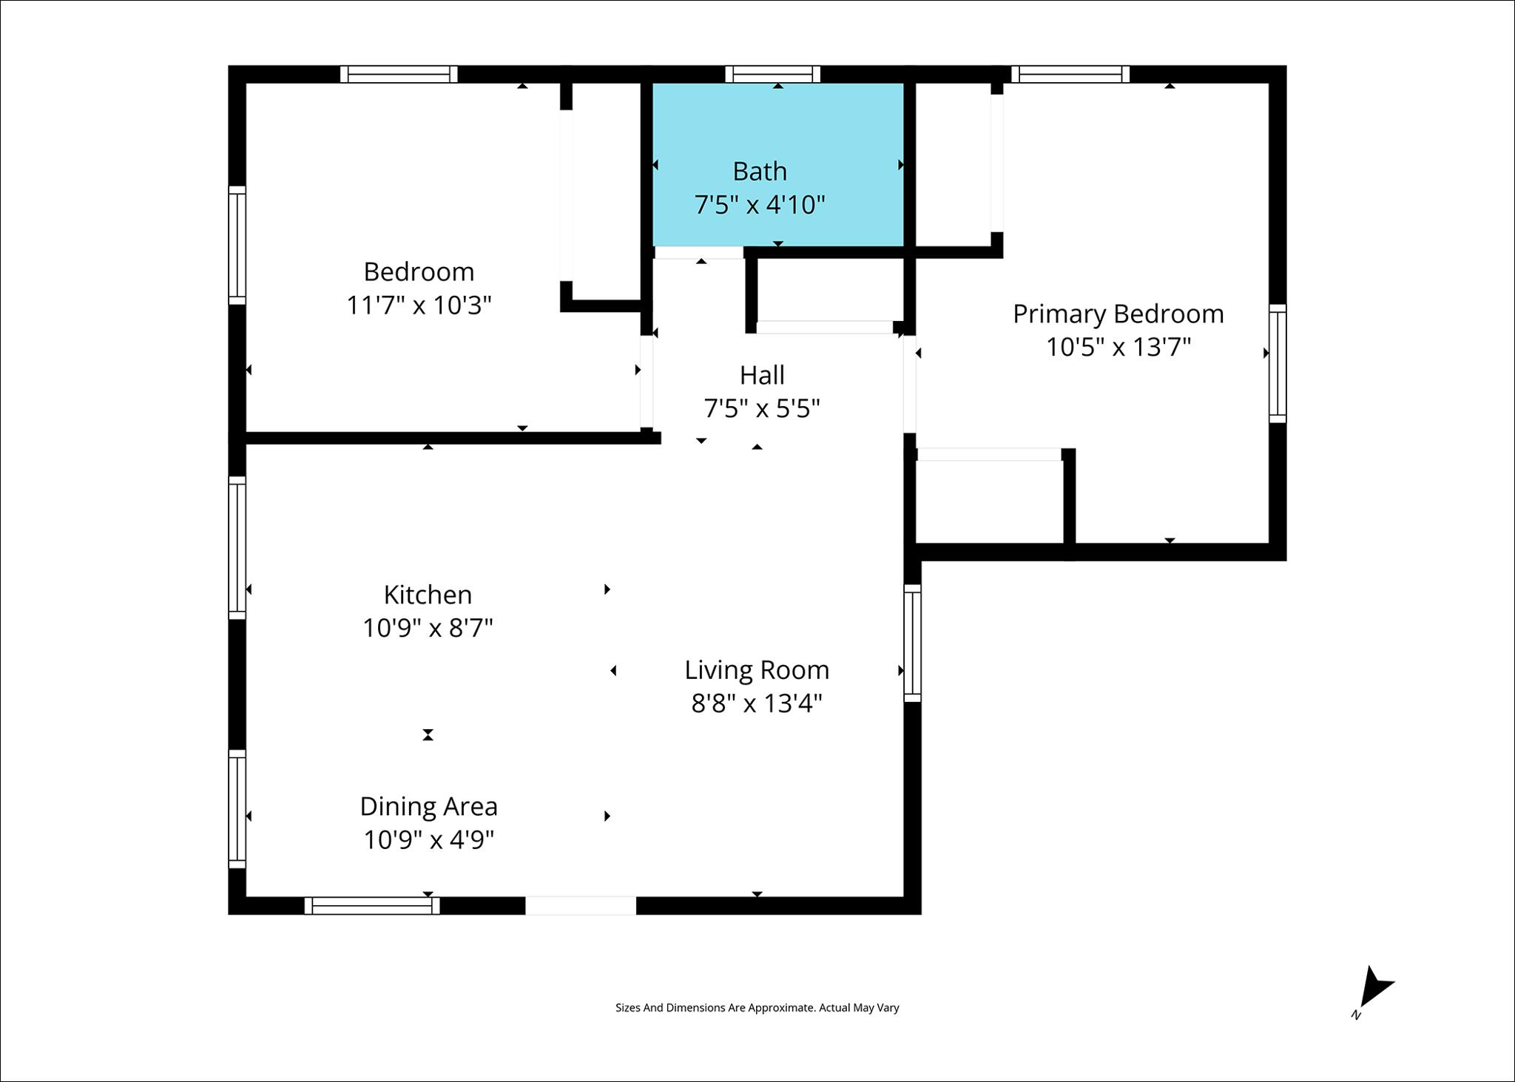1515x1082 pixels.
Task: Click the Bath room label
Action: pos(760,172)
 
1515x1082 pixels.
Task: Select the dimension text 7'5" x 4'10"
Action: pos(760,204)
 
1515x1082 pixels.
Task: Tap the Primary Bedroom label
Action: pos(1118,314)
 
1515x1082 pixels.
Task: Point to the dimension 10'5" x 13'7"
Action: pos(1118,347)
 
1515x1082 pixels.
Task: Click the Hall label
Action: pos(762,376)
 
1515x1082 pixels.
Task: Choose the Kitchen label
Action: pos(428,595)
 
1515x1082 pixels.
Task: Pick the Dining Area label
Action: pos(428,807)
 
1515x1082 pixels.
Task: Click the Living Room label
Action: pos(757,670)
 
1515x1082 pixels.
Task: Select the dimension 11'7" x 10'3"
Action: pos(419,305)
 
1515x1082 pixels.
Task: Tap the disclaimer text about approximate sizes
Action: pos(757,1007)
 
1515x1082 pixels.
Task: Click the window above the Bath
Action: pos(772,74)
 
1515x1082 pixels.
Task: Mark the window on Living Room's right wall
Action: pos(912,643)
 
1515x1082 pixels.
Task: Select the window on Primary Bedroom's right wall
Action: pos(1278,363)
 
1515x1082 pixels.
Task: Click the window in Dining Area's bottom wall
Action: pos(372,905)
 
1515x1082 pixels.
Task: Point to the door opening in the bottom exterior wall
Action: pos(581,905)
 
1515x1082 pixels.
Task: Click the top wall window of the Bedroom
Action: pos(399,74)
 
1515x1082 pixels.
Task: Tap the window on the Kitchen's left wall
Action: pos(237,548)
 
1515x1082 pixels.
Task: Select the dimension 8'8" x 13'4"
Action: pos(757,703)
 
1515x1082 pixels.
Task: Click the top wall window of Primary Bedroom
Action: pos(1070,74)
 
